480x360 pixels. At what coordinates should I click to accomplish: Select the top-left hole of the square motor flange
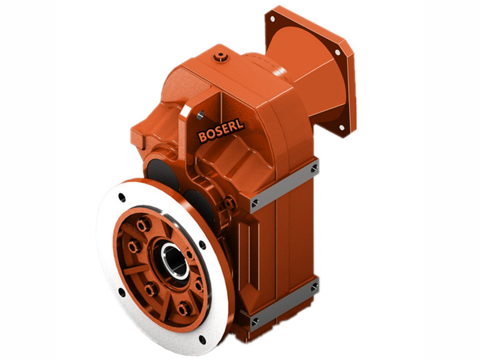click(273, 19)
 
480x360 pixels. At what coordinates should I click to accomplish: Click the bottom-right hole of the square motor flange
click(342, 127)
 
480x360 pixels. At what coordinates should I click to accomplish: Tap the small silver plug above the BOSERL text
click(199, 115)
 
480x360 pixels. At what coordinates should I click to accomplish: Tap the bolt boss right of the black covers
click(228, 205)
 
